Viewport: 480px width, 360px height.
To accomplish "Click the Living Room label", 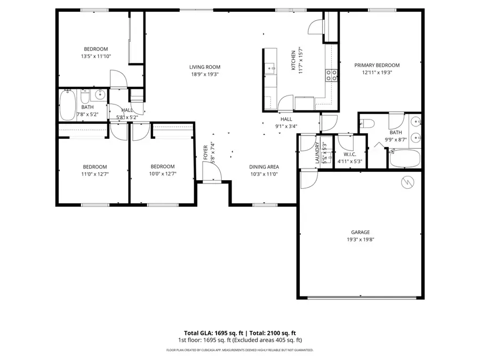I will pos(204,67).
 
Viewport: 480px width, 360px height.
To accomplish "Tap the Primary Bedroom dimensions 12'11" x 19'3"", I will pos(377,73).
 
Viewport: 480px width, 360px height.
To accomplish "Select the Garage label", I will pos(360,232).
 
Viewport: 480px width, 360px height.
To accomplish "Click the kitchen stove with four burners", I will pos(331,75).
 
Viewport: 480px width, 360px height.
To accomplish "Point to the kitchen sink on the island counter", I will pos(270,68).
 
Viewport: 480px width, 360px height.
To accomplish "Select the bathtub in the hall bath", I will pos(67,106).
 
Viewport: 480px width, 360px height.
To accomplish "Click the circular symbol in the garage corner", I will pos(407,182).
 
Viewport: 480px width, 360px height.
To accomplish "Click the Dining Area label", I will pos(264,166).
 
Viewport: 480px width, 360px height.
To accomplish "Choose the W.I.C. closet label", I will pos(349,155).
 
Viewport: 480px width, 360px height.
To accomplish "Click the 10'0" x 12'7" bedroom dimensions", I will pos(162,173).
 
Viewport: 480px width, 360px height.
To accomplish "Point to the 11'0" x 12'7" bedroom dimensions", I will pos(94,173).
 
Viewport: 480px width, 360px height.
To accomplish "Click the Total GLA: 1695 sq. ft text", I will pos(210,332).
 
